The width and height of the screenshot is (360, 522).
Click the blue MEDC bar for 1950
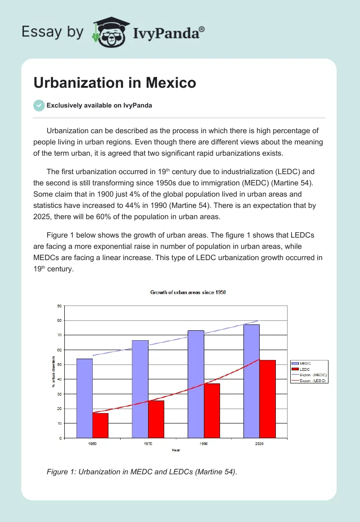point(85,398)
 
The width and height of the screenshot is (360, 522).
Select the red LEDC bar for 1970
point(156,419)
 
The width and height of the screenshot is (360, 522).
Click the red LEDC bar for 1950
point(100,425)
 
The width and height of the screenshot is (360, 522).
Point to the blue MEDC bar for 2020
point(252,381)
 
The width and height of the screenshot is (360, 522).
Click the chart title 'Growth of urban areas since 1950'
point(188,292)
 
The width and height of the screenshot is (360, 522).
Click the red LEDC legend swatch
point(295,369)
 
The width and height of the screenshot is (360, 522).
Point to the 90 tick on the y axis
point(59,306)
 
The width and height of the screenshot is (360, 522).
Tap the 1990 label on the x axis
point(203,444)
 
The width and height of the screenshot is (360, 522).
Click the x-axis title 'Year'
point(175,450)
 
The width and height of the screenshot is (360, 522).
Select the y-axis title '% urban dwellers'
point(54,371)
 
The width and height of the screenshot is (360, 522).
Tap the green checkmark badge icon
point(39,105)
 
